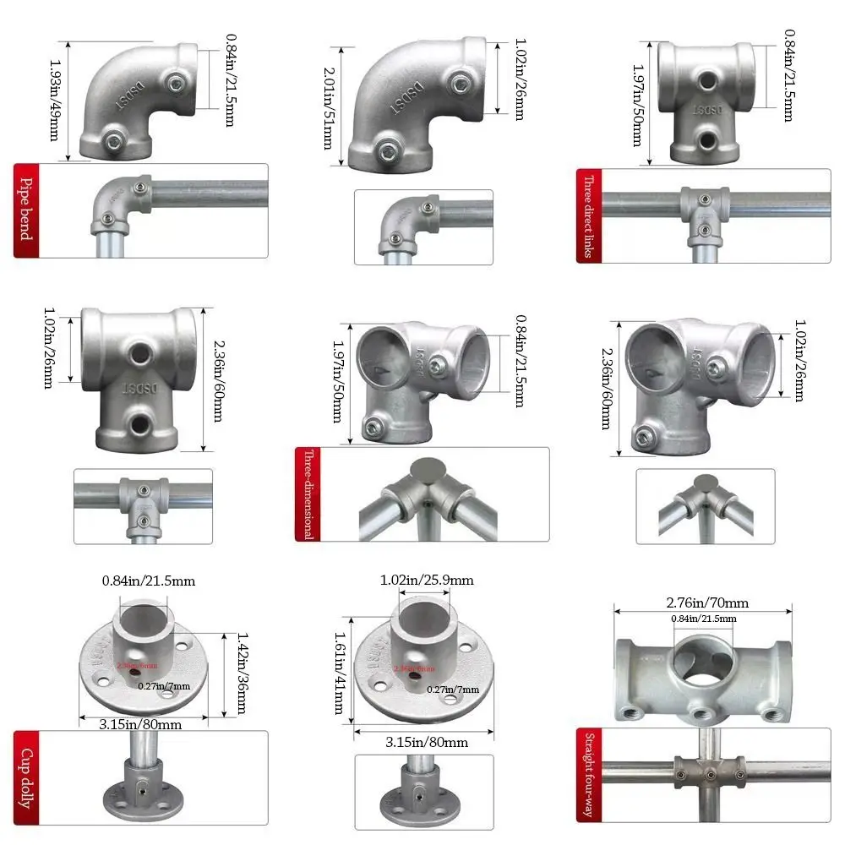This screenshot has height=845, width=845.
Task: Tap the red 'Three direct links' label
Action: tap(588, 215)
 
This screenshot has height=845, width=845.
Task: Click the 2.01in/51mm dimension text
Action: tap(327, 107)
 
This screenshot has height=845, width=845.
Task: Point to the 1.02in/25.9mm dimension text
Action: tap(427, 580)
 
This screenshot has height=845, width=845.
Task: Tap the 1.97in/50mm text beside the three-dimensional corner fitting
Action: tap(338, 380)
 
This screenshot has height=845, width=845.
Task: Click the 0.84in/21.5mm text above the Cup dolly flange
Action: tap(149, 581)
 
